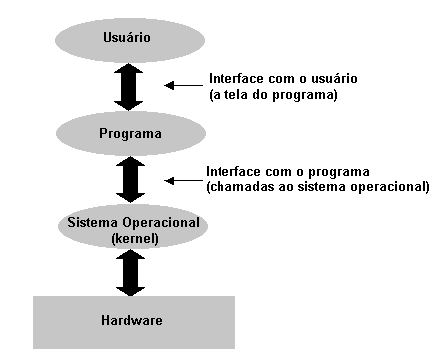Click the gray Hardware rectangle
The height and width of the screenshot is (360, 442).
(134, 321)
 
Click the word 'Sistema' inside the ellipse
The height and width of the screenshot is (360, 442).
(88, 219)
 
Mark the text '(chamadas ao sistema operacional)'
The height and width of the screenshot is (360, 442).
(316, 186)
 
